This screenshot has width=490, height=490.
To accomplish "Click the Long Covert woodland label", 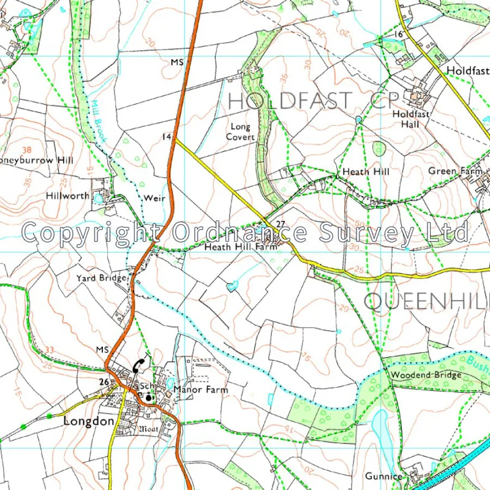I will tap(240, 132).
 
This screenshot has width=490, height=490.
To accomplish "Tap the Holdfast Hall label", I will tap(411, 119).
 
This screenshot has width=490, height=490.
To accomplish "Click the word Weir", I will tap(152, 198).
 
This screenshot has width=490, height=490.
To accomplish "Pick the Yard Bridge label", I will tap(102, 278).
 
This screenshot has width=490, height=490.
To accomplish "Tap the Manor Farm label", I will tap(200, 390).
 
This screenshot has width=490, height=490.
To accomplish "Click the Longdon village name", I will tap(89, 421).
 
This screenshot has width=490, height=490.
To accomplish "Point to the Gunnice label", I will tap(383, 476).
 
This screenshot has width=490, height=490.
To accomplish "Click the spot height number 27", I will tap(281, 223).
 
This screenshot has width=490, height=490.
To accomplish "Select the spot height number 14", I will tap(166, 137).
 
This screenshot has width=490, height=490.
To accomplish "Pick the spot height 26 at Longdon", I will tap(104, 382).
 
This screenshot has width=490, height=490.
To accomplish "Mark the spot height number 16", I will tap(399, 34).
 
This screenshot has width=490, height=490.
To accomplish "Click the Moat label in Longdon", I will tap(149, 429).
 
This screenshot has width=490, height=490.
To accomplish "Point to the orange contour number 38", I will tap(26, 149).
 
